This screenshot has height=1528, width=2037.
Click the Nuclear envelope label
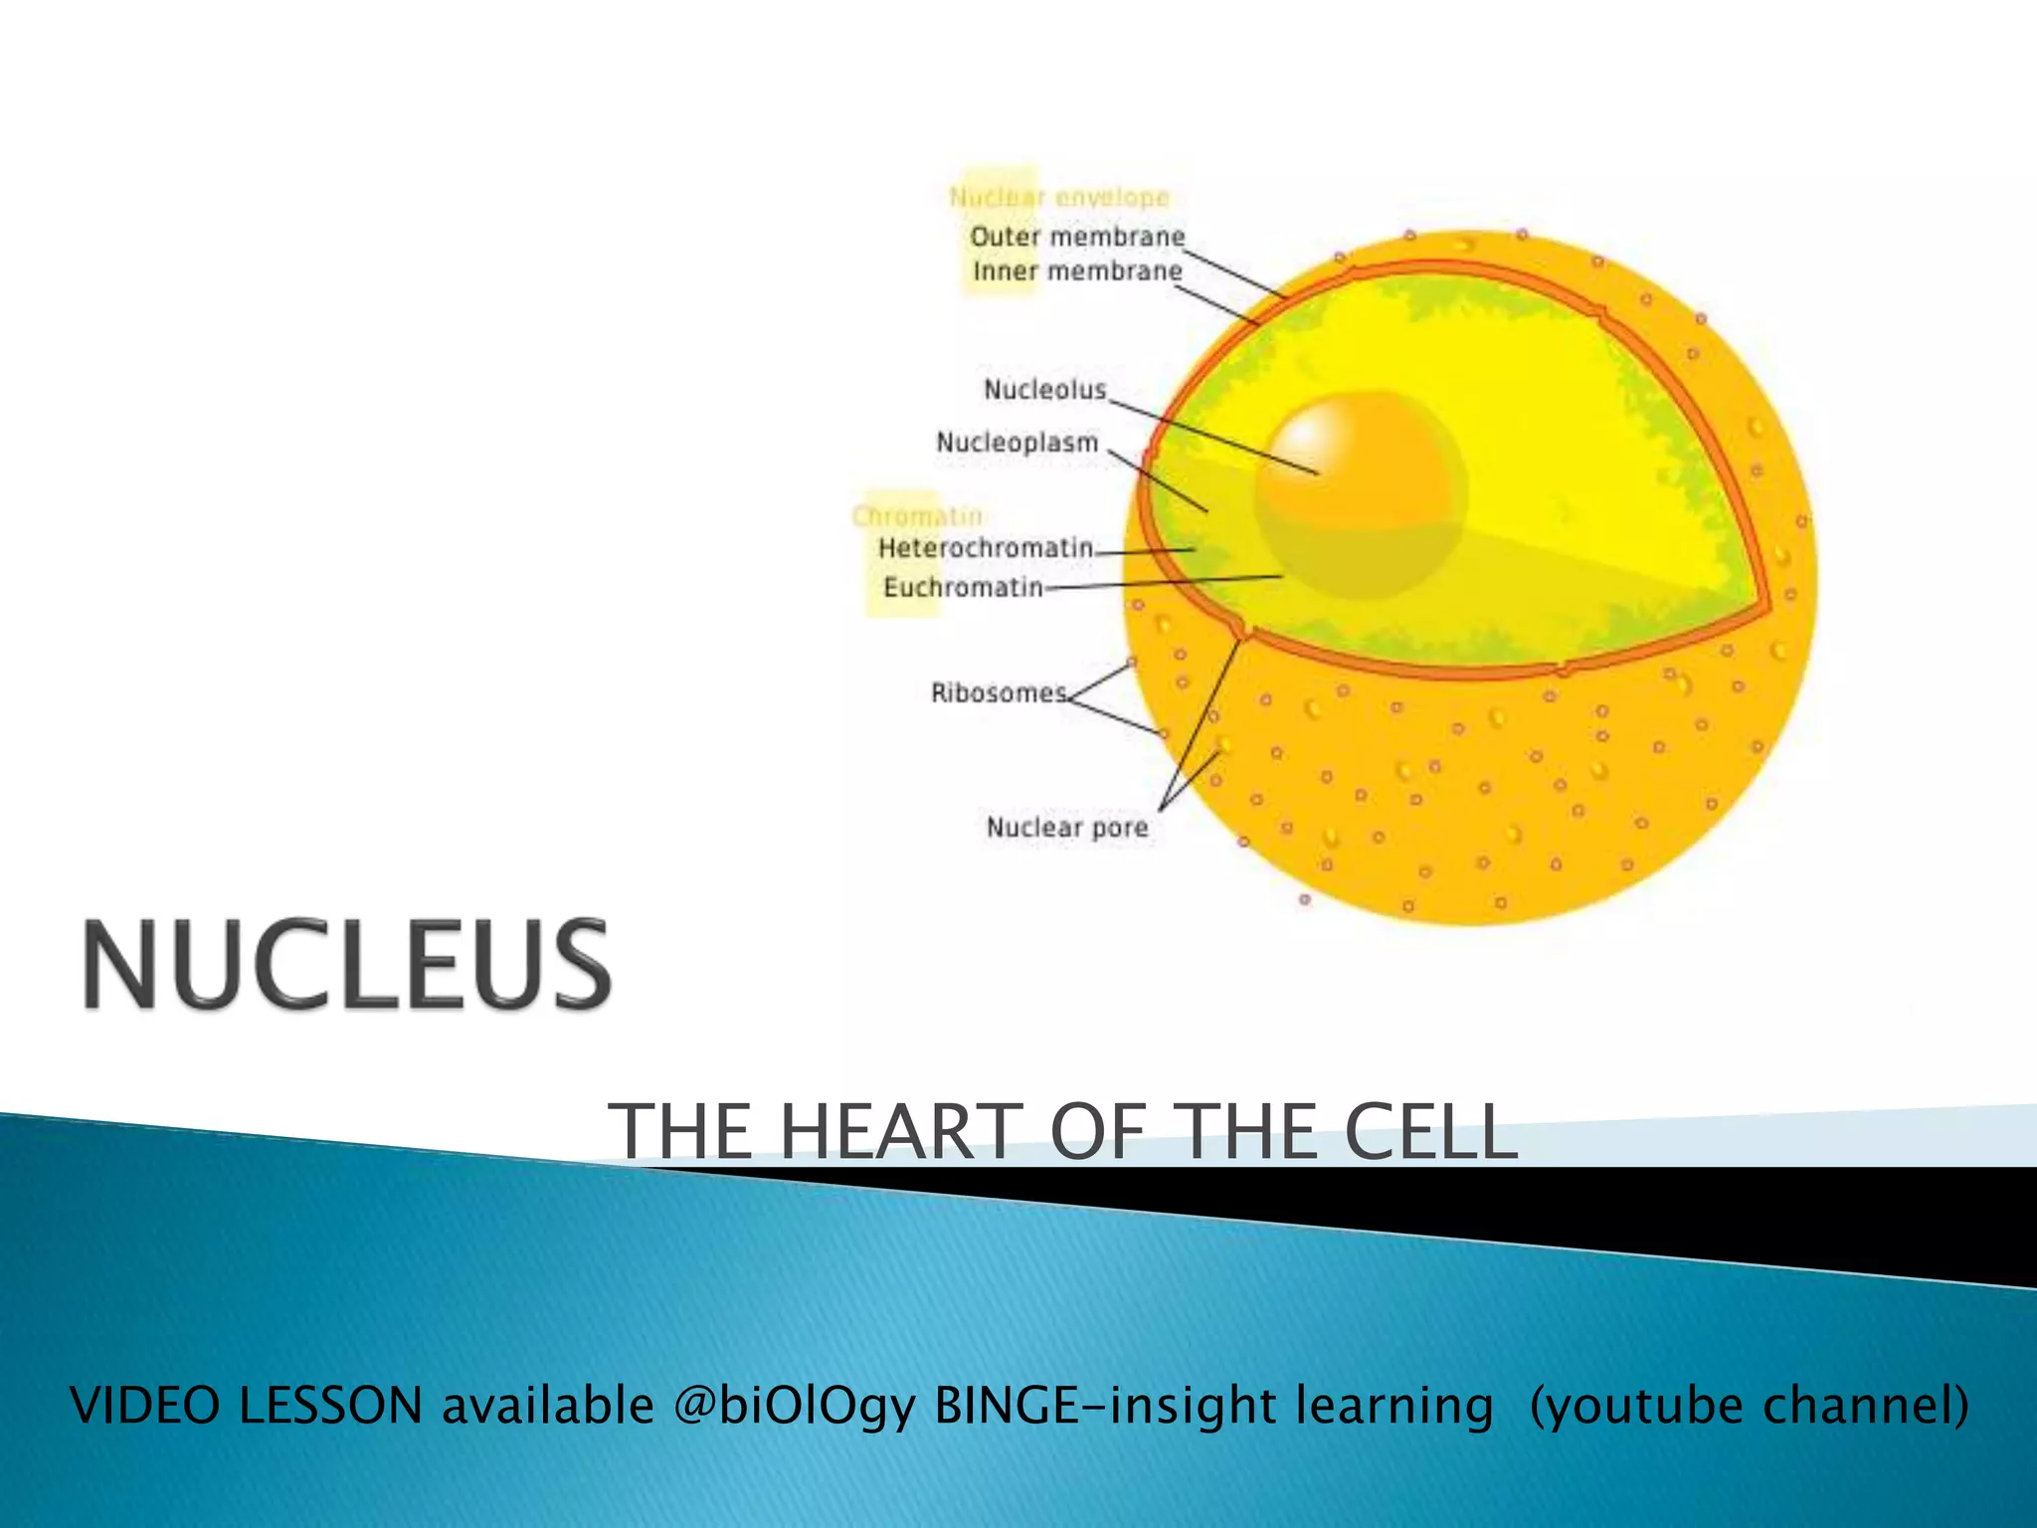[1059, 197]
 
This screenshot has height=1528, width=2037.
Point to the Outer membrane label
[1077, 237]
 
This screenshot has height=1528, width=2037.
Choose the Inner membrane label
[1077, 272]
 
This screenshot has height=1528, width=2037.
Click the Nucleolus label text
[1044, 389]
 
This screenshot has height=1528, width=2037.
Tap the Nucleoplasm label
[1017, 443]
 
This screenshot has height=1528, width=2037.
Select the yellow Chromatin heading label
[917, 515]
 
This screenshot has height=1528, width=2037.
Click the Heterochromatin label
[985, 548]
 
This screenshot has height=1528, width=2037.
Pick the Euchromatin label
[963, 588]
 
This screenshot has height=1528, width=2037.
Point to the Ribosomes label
[999, 692]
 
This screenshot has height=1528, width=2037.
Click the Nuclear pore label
[1066, 828]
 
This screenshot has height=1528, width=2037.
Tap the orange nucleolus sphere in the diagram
[1359, 494]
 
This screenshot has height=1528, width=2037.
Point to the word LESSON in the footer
[331, 1406]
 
